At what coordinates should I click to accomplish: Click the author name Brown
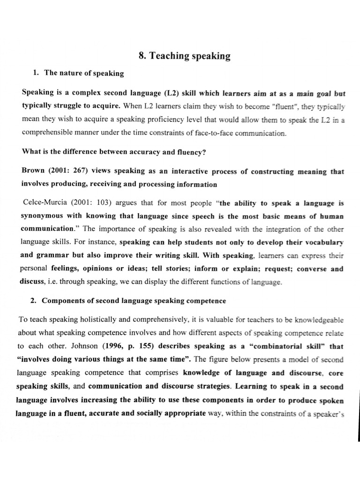[x=33, y=172]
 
